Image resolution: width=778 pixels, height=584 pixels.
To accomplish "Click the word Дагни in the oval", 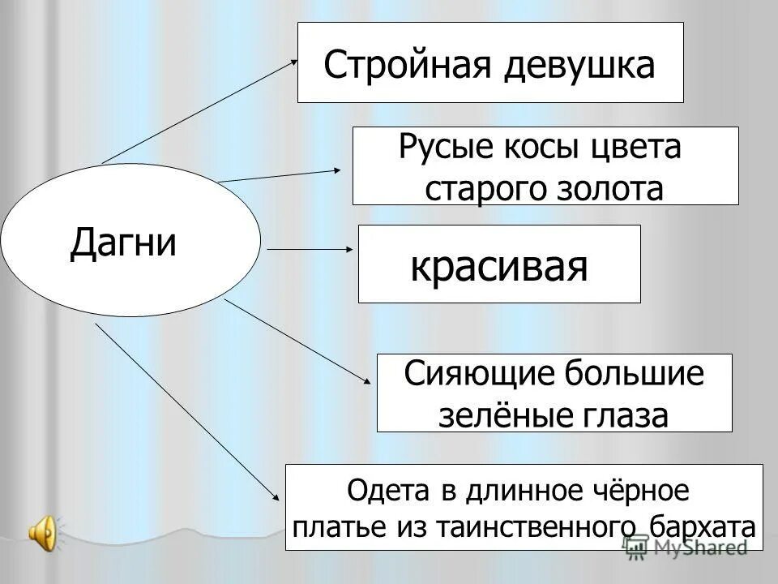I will (x=123, y=242).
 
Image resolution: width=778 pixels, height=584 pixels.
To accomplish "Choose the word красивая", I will (x=498, y=265).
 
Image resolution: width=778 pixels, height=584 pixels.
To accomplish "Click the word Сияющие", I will (x=477, y=375).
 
